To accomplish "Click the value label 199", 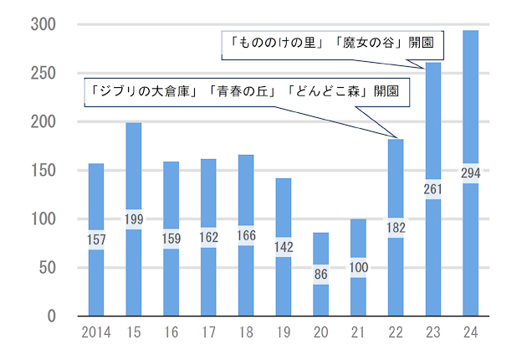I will click(134, 220).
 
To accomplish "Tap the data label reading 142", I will click(284, 248).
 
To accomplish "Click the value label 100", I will click(358, 268).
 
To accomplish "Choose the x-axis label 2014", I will click(96, 334).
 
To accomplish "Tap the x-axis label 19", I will click(284, 334).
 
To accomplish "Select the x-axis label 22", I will click(396, 334).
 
